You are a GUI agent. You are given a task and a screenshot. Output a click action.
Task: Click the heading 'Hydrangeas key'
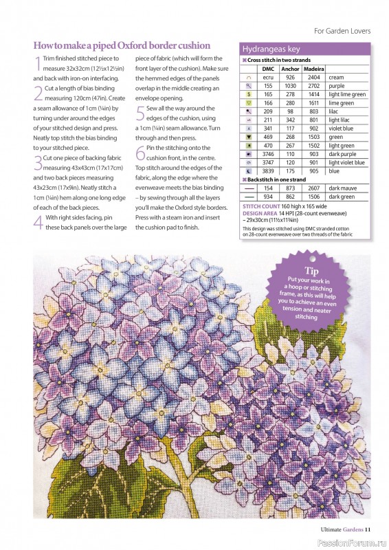pyautogui.click(x=271, y=49)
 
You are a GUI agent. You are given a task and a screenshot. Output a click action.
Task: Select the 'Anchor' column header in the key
pyautogui.click(x=291, y=69)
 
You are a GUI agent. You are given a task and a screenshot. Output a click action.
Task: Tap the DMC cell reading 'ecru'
pyautogui.click(x=268, y=78)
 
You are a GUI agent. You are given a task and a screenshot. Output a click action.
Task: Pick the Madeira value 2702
pyautogui.click(x=313, y=86)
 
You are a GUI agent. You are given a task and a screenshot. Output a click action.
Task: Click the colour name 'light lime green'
pyautogui.click(x=347, y=94)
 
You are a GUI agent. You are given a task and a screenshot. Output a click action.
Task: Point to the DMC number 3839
pyautogui.click(x=268, y=170)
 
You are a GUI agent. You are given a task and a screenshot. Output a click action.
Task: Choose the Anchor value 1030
pyautogui.click(x=291, y=86)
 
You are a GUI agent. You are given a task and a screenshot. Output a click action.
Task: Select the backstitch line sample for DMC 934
pyautogui.click(x=249, y=196)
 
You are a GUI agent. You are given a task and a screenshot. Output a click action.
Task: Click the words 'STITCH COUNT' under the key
pyautogui.click(x=260, y=206)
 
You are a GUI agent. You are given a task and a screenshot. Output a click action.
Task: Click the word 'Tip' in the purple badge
pyautogui.click(x=313, y=272)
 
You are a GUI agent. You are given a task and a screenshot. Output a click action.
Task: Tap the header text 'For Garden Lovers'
pyautogui.click(x=342, y=31)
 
